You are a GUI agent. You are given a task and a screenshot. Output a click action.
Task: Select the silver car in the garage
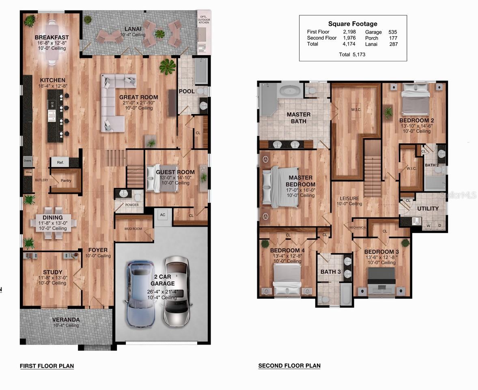point(177,291)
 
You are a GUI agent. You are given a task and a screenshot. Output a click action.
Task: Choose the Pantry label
point(66,180)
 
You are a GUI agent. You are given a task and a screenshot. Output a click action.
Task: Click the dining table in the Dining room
point(53,223)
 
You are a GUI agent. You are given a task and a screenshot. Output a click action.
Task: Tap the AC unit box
point(163,215)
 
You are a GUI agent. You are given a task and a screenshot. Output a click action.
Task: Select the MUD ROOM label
point(133,229)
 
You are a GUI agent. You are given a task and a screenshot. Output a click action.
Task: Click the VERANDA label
point(66,319)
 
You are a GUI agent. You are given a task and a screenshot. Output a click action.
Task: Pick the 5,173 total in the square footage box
point(358,54)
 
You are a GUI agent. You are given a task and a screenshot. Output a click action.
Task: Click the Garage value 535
point(392,32)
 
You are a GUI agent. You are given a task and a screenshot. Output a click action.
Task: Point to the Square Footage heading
point(352,24)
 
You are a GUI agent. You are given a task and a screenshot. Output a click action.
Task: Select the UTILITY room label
point(428,209)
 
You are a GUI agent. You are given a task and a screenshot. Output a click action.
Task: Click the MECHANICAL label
point(358,227)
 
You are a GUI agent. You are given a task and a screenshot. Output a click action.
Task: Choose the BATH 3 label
point(331,271)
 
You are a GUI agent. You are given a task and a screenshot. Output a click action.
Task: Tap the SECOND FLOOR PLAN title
point(289,366)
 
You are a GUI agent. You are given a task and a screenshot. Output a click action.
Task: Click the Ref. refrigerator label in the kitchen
point(60,163)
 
